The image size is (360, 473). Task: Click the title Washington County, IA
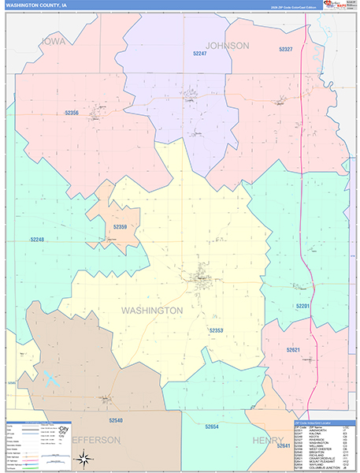tap(36, 5)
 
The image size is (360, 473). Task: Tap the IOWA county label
tap(54, 41)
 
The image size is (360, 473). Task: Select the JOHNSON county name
tap(228, 46)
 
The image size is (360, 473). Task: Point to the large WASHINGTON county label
tap(153, 311)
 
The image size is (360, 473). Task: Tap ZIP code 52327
tap(285, 50)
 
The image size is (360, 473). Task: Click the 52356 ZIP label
tap(72, 113)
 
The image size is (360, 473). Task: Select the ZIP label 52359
tap(119, 227)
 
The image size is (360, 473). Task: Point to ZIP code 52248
tap(38, 240)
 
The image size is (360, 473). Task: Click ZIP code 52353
tap(217, 330)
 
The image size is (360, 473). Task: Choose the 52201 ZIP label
tap(302, 305)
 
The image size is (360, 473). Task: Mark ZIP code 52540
tap(117, 422)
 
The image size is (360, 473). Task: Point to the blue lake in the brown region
tap(52, 379)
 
